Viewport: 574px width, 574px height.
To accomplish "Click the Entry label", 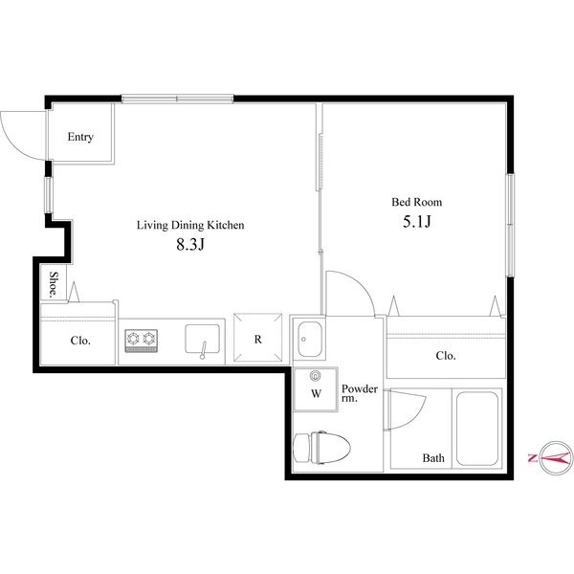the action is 80,137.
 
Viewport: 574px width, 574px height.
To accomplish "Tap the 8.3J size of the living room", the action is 190,245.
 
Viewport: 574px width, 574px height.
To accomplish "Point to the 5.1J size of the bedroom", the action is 417,222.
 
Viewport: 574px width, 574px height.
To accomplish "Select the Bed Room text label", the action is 416,202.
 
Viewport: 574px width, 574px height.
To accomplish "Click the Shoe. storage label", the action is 54,284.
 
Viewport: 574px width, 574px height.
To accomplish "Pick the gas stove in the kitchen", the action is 142,341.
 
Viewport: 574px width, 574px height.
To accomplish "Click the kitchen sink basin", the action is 203,339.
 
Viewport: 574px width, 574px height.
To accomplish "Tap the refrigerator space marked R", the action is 258,338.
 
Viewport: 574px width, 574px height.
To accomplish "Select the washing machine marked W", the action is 316,389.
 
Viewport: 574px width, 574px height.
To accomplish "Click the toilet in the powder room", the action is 322,448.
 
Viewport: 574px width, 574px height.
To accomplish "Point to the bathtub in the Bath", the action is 477,429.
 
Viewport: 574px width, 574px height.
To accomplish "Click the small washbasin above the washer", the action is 310,340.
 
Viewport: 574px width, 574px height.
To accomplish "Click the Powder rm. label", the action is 360,393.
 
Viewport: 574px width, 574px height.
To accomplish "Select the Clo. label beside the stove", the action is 80,341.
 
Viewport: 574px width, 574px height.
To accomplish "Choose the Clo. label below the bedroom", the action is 446,356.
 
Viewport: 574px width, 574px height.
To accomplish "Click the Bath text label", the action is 433,458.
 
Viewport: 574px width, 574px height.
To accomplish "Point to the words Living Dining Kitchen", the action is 190,225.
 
